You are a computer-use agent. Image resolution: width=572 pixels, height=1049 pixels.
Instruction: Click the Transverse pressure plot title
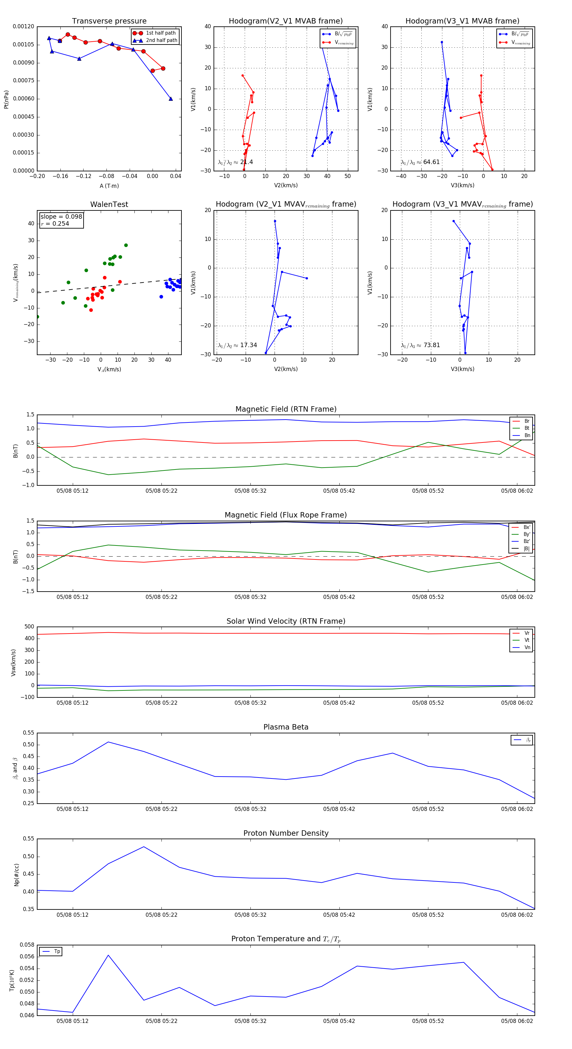pyautogui.click(x=109, y=21)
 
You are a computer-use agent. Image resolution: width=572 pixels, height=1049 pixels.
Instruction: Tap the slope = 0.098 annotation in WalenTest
pyautogui.click(x=61, y=217)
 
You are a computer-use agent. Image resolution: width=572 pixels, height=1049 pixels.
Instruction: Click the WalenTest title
pyautogui.click(x=109, y=204)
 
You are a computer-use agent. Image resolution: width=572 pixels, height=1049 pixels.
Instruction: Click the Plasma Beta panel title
pyautogui.click(x=286, y=727)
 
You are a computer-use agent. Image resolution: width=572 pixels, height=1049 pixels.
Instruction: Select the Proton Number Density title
pyautogui.click(x=286, y=833)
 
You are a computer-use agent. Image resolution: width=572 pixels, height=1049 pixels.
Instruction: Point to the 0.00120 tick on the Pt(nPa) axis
pyautogui.click(x=24, y=26)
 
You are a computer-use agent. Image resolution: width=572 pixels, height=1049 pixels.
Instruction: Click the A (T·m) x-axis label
pyautogui.click(x=109, y=186)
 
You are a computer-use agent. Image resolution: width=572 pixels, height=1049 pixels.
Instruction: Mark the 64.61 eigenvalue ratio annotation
pyautogui.click(x=431, y=162)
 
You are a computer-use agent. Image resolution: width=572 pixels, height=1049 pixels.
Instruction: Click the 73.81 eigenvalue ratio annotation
pyautogui.click(x=431, y=345)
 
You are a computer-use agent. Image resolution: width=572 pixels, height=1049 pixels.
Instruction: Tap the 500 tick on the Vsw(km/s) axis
pyautogui.click(x=29, y=627)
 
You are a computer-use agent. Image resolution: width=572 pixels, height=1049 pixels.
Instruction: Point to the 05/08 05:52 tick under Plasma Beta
pyautogui.click(x=428, y=809)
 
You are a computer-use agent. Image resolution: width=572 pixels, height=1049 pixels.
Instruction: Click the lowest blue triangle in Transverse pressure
pyautogui.click(x=171, y=99)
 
